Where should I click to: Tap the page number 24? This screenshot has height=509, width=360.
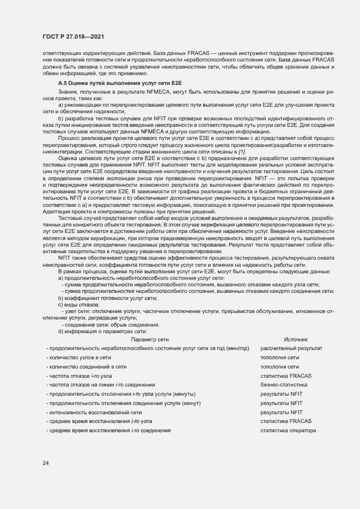[46, 463]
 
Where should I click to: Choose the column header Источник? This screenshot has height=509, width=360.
[296, 339]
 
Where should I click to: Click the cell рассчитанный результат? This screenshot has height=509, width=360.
[291, 348]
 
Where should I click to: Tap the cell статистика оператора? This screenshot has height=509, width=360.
[288, 431]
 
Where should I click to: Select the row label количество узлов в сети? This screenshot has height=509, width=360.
[80, 357]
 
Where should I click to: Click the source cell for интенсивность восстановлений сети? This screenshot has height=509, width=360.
[281, 412]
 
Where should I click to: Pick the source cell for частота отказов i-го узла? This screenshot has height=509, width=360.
[286, 376]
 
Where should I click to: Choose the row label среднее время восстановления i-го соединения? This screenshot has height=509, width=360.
[109, 431]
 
